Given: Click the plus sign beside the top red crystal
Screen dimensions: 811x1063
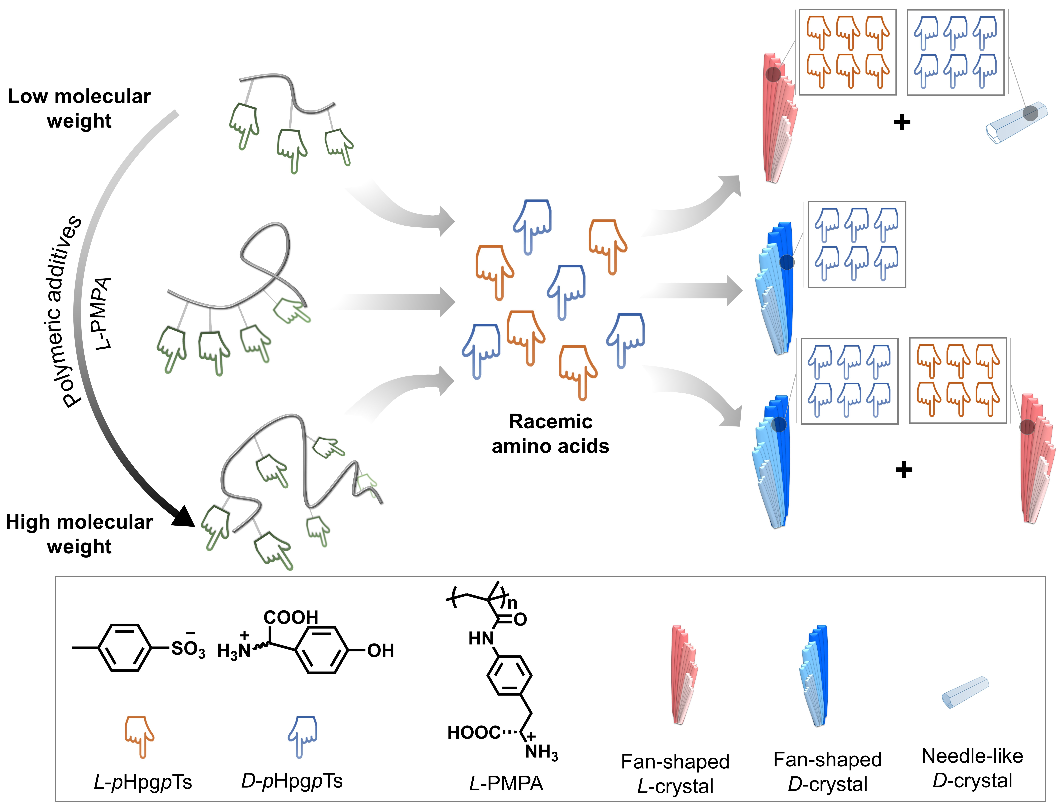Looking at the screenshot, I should click(902, 122).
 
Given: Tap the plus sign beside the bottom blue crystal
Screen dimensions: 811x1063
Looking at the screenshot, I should click(904, 469).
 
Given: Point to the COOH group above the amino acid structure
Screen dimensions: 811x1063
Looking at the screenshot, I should click(290, 617).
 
